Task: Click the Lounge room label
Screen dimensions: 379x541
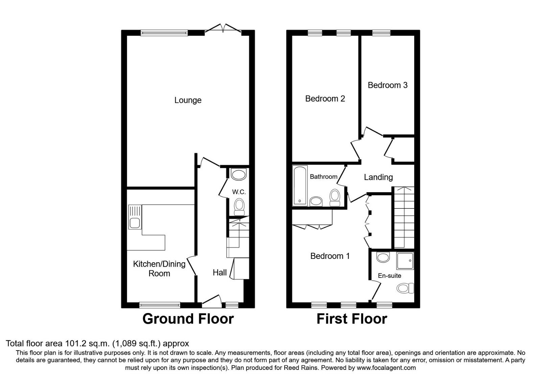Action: tap(188, 100)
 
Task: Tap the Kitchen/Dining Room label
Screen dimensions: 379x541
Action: tap(159, 269)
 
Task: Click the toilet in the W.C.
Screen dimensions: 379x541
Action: tap(239, 206)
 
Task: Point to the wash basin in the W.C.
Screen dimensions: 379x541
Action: tap(239, 175)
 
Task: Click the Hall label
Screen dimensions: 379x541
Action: tap(220, 272)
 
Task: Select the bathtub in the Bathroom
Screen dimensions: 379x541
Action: tap(300, 185)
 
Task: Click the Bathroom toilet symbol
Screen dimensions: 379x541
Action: tap(335, 198)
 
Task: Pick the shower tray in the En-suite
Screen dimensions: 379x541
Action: tap(405, 261)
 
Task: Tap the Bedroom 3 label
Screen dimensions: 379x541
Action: tap(387, 85)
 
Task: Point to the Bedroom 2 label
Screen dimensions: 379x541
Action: tap(325, 99)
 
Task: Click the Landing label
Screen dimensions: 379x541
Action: tap(378, 177)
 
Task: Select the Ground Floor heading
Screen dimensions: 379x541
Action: tap(188, 319)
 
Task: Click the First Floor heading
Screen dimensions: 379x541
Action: tap(352, 319)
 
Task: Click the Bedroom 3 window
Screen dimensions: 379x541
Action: tap(381, 33)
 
